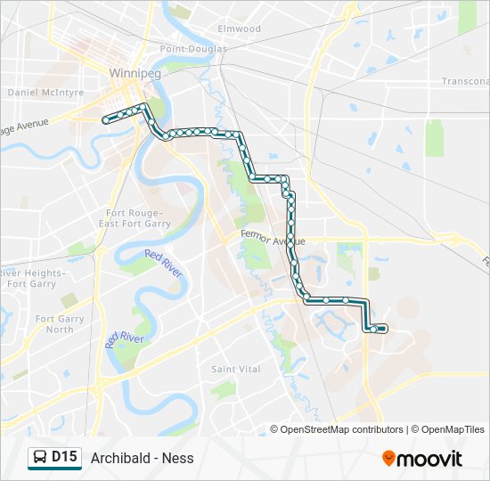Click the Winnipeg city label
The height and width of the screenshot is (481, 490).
134,73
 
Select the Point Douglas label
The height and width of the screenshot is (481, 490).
193,49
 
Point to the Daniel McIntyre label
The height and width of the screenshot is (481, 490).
45,92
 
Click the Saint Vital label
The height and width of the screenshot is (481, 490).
235,369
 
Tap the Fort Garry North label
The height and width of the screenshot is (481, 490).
60,324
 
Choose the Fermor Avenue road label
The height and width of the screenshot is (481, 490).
273,240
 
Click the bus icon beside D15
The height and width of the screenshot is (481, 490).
39,458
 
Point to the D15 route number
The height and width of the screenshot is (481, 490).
64,458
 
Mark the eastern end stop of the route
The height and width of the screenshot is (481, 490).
383,330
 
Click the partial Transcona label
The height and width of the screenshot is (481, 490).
465,81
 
